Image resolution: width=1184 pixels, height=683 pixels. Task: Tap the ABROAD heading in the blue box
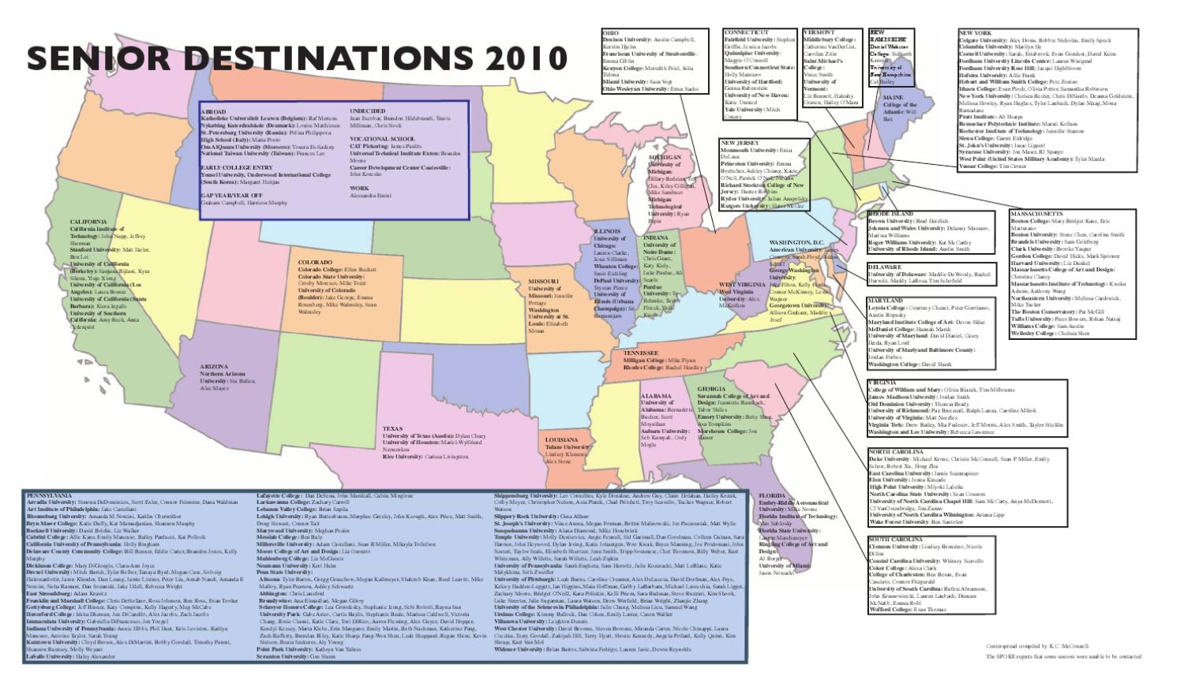(213, 113)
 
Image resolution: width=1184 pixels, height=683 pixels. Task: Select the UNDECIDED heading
(368, 111)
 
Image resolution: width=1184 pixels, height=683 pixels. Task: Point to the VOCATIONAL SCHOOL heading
(381, 139)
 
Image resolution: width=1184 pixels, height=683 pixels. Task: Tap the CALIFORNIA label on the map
(88, 222)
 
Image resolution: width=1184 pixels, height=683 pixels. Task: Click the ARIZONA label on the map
(214, 366)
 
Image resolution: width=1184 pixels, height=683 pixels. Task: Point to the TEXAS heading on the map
(392, 429)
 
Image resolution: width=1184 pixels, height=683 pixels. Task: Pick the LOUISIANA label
(560, 439)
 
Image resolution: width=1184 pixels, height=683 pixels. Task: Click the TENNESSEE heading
(642, 352)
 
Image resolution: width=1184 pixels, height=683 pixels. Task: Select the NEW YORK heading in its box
(975, 33)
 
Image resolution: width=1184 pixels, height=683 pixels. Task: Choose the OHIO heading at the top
(609, 32)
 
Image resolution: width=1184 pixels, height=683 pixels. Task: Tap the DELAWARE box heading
(885, 267)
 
